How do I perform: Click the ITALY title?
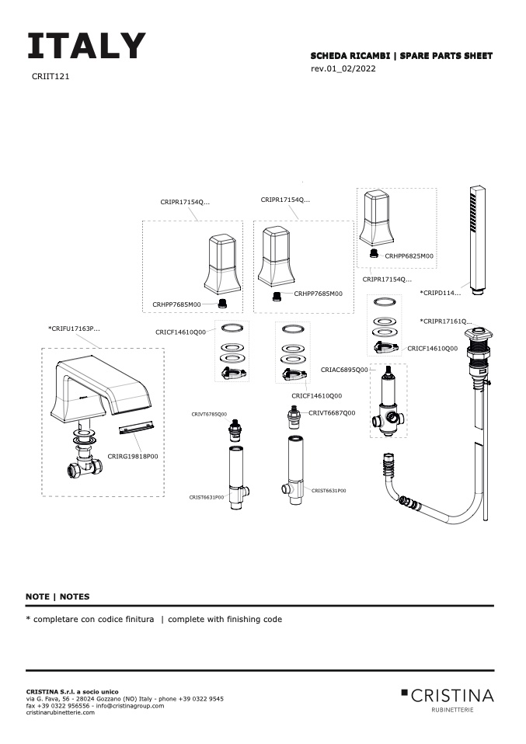click(86, 47)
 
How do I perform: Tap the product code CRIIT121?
click(51, 78)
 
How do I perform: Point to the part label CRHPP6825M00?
click(409, 256)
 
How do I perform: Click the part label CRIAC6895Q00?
click(344, 370)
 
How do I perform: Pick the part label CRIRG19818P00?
click(133, 457)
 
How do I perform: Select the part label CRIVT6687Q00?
click(332, 412)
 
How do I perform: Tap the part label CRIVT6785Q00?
click(209, 415)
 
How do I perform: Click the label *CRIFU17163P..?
click(74, 329)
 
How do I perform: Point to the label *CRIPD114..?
click(440, 293)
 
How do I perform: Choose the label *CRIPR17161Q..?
click(446, 321)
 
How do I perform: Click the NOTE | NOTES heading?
click(57, 596)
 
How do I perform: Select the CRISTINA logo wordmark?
click(452, 694)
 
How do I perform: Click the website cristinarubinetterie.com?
click(61, 713)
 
